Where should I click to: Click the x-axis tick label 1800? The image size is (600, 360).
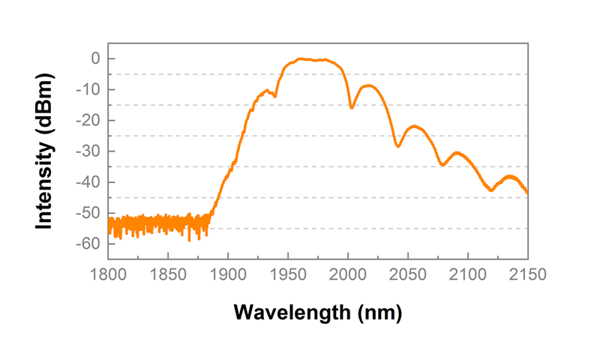coord(108,274)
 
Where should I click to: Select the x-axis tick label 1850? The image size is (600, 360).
coord(168,274)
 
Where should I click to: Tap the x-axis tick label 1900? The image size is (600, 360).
coord(228,274)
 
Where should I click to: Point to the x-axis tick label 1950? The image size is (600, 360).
coord(288,274)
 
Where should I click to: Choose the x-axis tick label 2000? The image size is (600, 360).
coord(348,274)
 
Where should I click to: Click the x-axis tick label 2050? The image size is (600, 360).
coord(408,274)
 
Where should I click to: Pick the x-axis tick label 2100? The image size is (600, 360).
coord(468,274)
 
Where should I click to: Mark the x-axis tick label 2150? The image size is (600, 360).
coord(528,274)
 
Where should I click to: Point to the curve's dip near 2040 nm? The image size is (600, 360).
coord(397,146)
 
